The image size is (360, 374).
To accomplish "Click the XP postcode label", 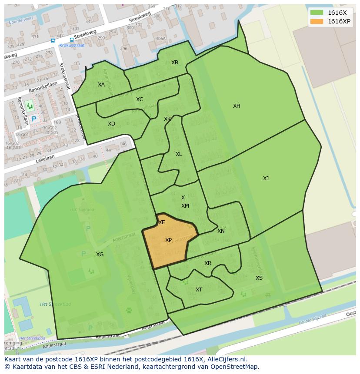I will tap(168, 240).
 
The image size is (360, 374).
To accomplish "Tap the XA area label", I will tap(101, 85).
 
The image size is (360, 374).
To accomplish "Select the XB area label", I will tap(175, 63).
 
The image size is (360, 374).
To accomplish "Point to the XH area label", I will tap(237, 106).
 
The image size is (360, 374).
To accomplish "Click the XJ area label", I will tap(266, 179).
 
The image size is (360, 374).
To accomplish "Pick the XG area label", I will tap(100, 255).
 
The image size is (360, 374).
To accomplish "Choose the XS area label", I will tap(259, 278).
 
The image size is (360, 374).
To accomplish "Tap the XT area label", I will tap(199, 290).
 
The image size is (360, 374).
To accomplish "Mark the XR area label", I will tap(208, 263).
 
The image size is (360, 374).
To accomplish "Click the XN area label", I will tap(221, 231).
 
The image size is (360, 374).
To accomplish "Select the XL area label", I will tap(179, 154).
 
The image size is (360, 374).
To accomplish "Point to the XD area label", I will tap(111, 124).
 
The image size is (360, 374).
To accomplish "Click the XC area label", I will tap(140, 99).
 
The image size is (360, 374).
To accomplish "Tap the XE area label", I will tap(162, 222).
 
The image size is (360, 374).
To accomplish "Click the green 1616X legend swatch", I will tap(316, 13).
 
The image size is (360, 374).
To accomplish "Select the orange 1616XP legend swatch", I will tap(316, 21).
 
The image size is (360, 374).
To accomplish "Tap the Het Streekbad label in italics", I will tap(50, 304).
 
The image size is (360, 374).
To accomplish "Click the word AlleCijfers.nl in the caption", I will tap(227, 360).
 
